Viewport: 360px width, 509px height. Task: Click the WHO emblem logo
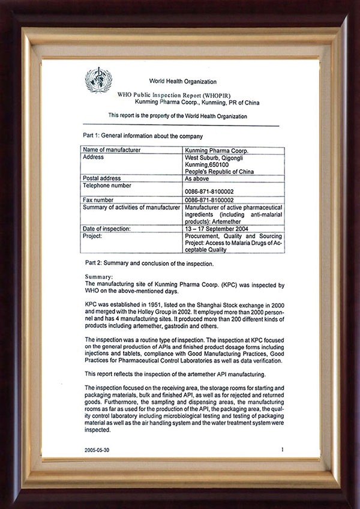coord(98,80)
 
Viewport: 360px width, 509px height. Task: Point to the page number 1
coord(281,448)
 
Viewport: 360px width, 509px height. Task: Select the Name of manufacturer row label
coord(112,149)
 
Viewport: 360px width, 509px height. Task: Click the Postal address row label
coord(102,178)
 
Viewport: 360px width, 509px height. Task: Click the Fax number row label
coord(98,200)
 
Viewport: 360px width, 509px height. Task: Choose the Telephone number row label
coord(107,185)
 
